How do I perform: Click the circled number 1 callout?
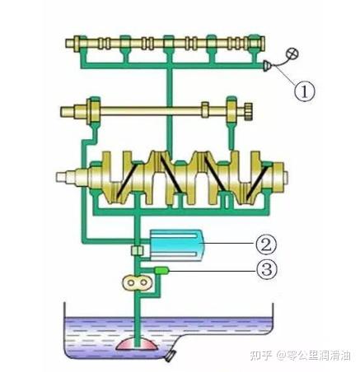pos(304,92)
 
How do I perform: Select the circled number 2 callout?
pos(266,244)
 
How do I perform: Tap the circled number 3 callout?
pos(267,270)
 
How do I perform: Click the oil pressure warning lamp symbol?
pos(292,53)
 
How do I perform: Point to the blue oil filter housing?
pos(176,244)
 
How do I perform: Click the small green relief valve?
pos(161,271)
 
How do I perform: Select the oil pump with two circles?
pos(137,282)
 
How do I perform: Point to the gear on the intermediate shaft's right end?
pos(248,111)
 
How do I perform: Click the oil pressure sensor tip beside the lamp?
pos(267,66)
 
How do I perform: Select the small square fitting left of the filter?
pos(137,250)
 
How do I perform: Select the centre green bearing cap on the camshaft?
pos(168,44)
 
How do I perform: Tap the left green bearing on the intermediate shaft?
pos(94,112)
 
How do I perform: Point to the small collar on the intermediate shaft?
pos(205,109)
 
